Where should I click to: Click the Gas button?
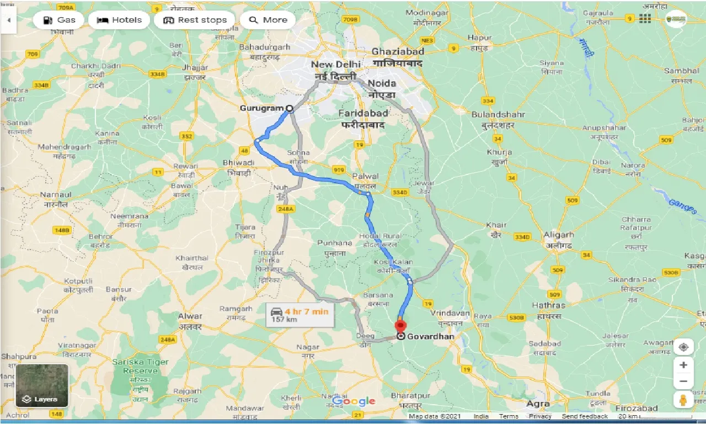point(58,20)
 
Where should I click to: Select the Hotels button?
point(119,20)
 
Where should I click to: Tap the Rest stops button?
point(195,20)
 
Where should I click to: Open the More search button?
point(268,20)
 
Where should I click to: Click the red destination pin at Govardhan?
point(401,326)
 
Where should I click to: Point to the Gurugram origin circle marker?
point(288,108)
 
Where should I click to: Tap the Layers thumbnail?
point(42,385)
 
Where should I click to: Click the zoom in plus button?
point(683,365)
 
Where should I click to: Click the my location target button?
point(683,347)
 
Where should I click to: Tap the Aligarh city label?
point(559,240)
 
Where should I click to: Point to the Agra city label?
point(538,404)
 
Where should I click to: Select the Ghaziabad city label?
point(398,57)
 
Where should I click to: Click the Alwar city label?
point(190,321)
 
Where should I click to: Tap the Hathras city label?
point(548,310)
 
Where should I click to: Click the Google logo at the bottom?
point(354,401)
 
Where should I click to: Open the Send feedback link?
point(585,416)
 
